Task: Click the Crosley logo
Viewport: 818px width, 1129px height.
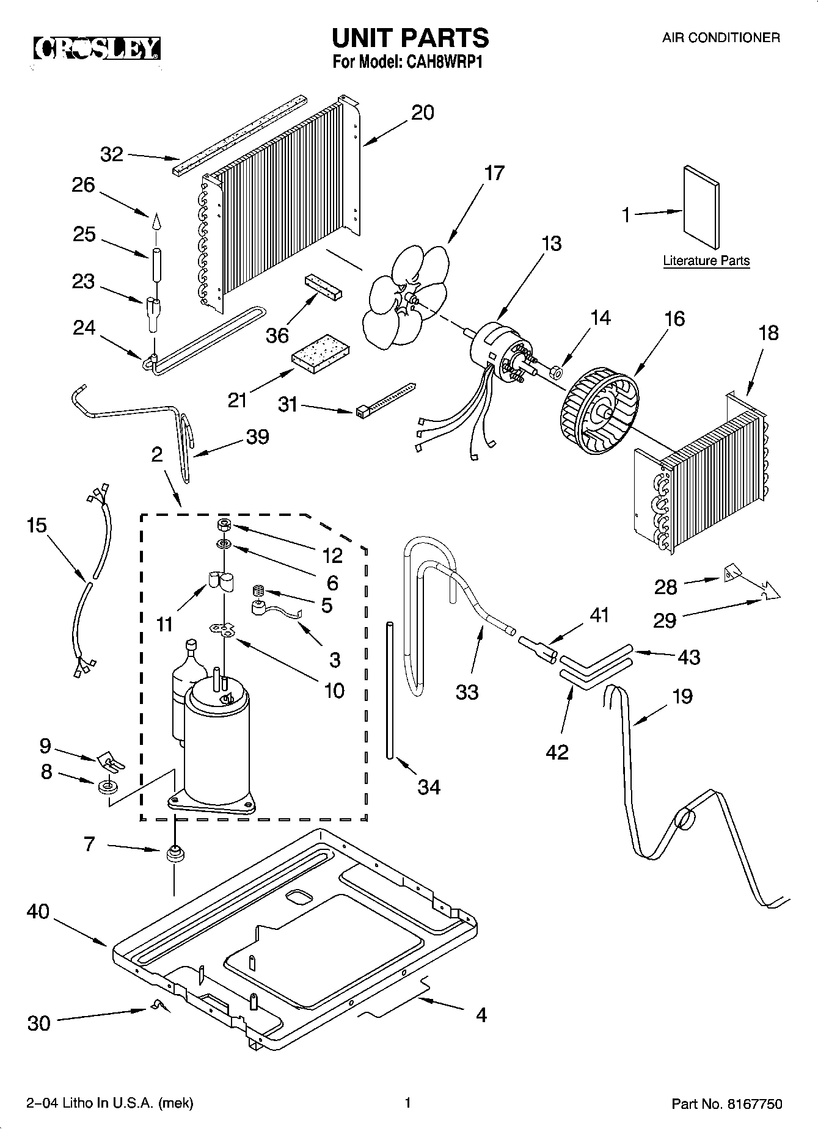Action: (97, 48)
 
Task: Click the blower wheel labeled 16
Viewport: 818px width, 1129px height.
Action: (597, 415)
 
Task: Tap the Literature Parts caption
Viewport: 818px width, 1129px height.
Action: (706, 261)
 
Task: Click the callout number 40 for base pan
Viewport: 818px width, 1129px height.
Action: (38, 912)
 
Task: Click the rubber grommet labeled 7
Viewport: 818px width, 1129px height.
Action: (175, 853)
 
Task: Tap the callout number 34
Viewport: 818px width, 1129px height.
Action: (429, 787)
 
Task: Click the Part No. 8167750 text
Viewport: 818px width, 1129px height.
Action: (726, 1103)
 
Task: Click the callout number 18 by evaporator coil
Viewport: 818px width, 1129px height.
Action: (769, 333)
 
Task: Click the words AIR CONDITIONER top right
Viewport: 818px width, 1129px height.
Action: (721, 38)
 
